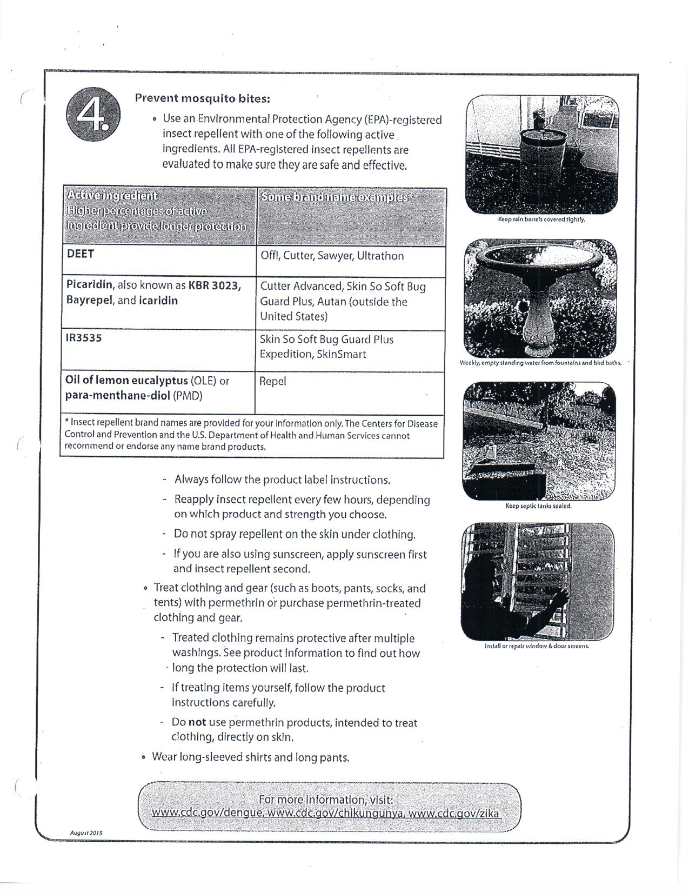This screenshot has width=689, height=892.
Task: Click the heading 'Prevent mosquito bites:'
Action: point(202,98)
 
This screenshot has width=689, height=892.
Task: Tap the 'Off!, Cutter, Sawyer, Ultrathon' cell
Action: point(332,256)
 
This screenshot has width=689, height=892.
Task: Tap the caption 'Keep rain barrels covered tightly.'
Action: point(541,219)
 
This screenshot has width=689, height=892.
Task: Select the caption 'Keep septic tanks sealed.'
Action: point(538,506)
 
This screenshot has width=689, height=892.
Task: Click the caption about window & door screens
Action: point(537,646)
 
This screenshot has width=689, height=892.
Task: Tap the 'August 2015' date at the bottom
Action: point(86,833)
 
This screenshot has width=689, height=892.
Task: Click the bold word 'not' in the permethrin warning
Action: point(197,722)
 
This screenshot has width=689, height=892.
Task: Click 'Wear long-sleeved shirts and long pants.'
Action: point(251,757)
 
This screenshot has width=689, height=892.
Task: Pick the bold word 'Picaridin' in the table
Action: point(90,285)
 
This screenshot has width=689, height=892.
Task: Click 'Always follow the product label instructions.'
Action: point(282,480)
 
